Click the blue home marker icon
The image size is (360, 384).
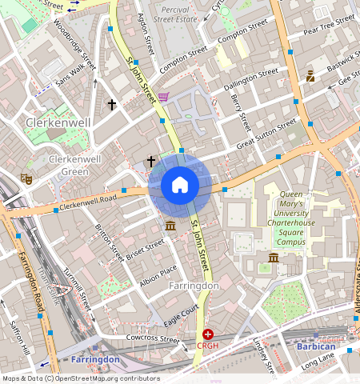click(180, 186)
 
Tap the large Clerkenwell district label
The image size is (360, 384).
click(58, 122)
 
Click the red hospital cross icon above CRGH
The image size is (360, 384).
click(208, 334)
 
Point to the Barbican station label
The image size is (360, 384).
click(316, 346)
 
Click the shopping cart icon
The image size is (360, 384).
click(163, 97)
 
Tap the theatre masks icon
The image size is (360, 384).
click(26, 180)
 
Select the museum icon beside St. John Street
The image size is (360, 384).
click(170, 227)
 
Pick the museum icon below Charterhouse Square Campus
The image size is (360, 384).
click(274, 258)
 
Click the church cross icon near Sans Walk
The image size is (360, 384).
click(112, 105)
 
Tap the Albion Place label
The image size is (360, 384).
click(158, 277)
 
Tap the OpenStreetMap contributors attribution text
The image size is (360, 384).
click(81, 378)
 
